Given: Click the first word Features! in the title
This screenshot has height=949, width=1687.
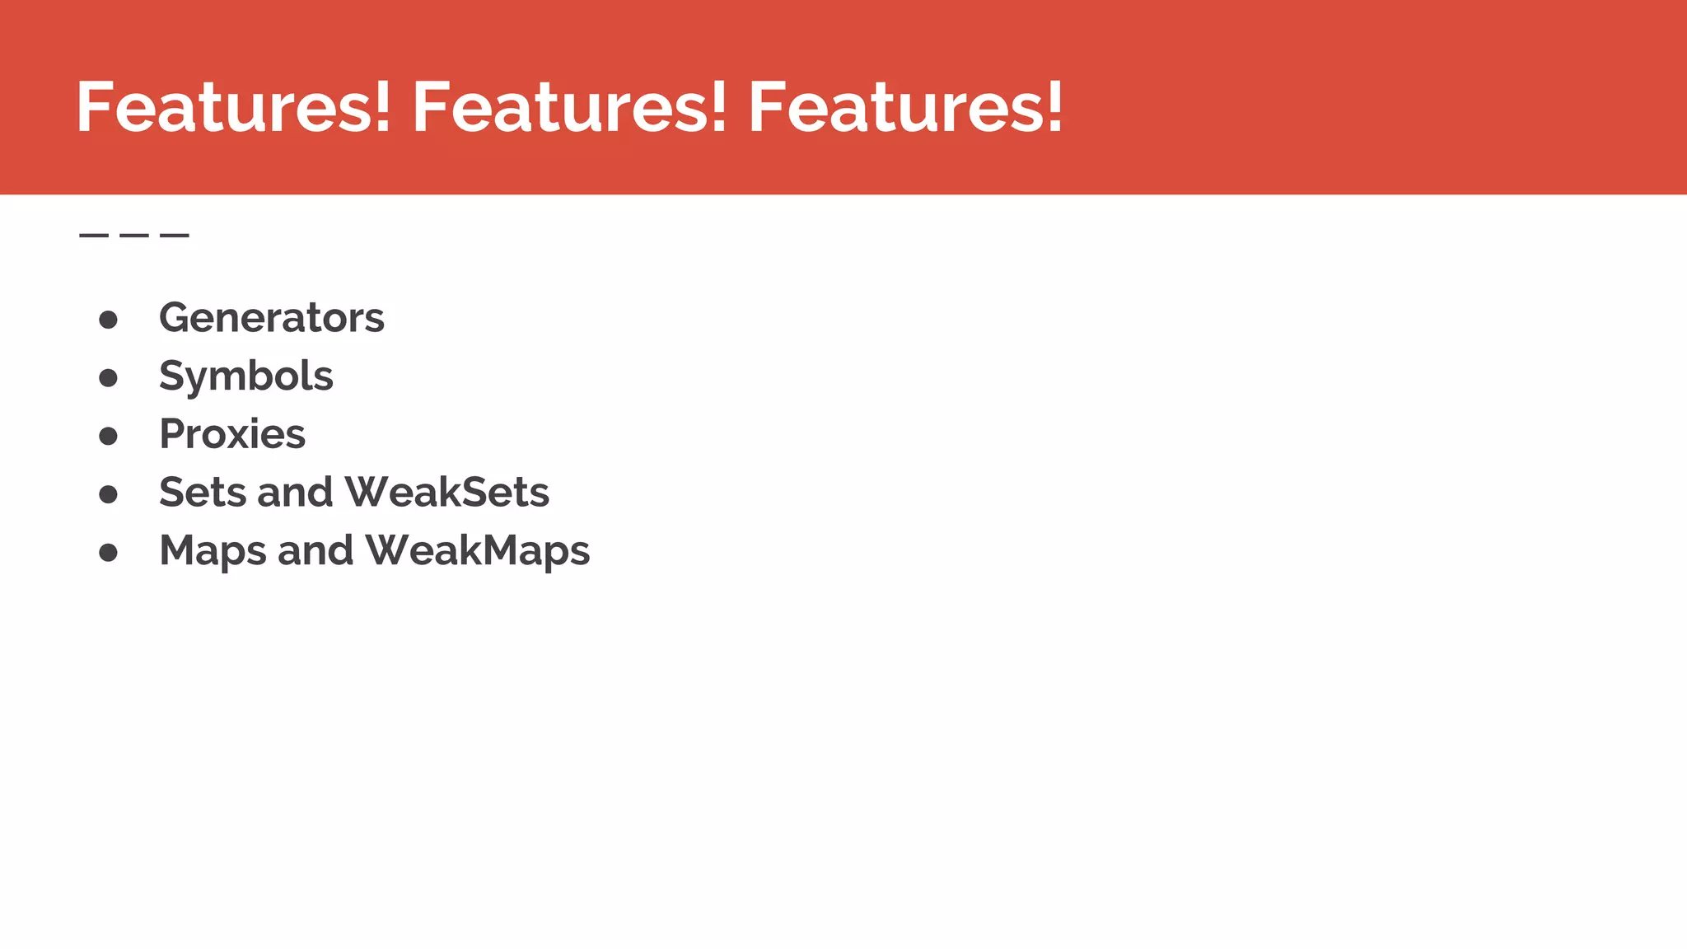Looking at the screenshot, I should tap(233, 107).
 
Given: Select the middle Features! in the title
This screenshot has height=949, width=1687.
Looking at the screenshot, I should tap(569, 107).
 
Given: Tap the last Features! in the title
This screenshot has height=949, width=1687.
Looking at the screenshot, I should tap(905, 107).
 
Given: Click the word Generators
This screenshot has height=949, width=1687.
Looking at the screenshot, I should tap(271, 318).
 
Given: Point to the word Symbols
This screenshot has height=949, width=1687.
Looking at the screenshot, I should tap(245, 377).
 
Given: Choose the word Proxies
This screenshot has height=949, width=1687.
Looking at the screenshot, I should tap(231, 434).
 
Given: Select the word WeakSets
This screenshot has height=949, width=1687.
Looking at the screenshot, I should tap(446, 493).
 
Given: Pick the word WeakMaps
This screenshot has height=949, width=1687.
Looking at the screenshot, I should tap(478, 551).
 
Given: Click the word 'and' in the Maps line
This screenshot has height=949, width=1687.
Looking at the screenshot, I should tap(315, 551).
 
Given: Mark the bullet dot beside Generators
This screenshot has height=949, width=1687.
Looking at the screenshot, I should tap(108, 320).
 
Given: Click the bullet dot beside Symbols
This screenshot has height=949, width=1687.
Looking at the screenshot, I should tap(108, 378).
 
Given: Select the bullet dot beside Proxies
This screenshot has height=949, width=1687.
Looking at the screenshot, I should tap(108, 436).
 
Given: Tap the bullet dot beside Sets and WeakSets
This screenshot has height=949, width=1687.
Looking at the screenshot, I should tap(108, 494).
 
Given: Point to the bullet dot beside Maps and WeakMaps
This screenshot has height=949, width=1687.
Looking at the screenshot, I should tap(108, 553).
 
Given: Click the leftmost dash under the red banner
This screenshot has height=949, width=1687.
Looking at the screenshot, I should tap(93, 236).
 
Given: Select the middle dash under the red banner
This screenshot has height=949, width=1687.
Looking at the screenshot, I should tap(133, 236).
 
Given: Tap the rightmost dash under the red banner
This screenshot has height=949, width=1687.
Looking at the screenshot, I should tap(175, 236).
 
